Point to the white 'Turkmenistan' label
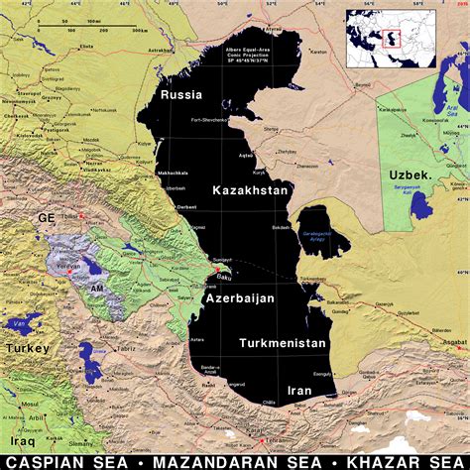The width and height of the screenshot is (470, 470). coord(283,342)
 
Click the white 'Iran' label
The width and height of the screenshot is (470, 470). coord(299,391)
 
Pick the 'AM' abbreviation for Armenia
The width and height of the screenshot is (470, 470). coord(97,287)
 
